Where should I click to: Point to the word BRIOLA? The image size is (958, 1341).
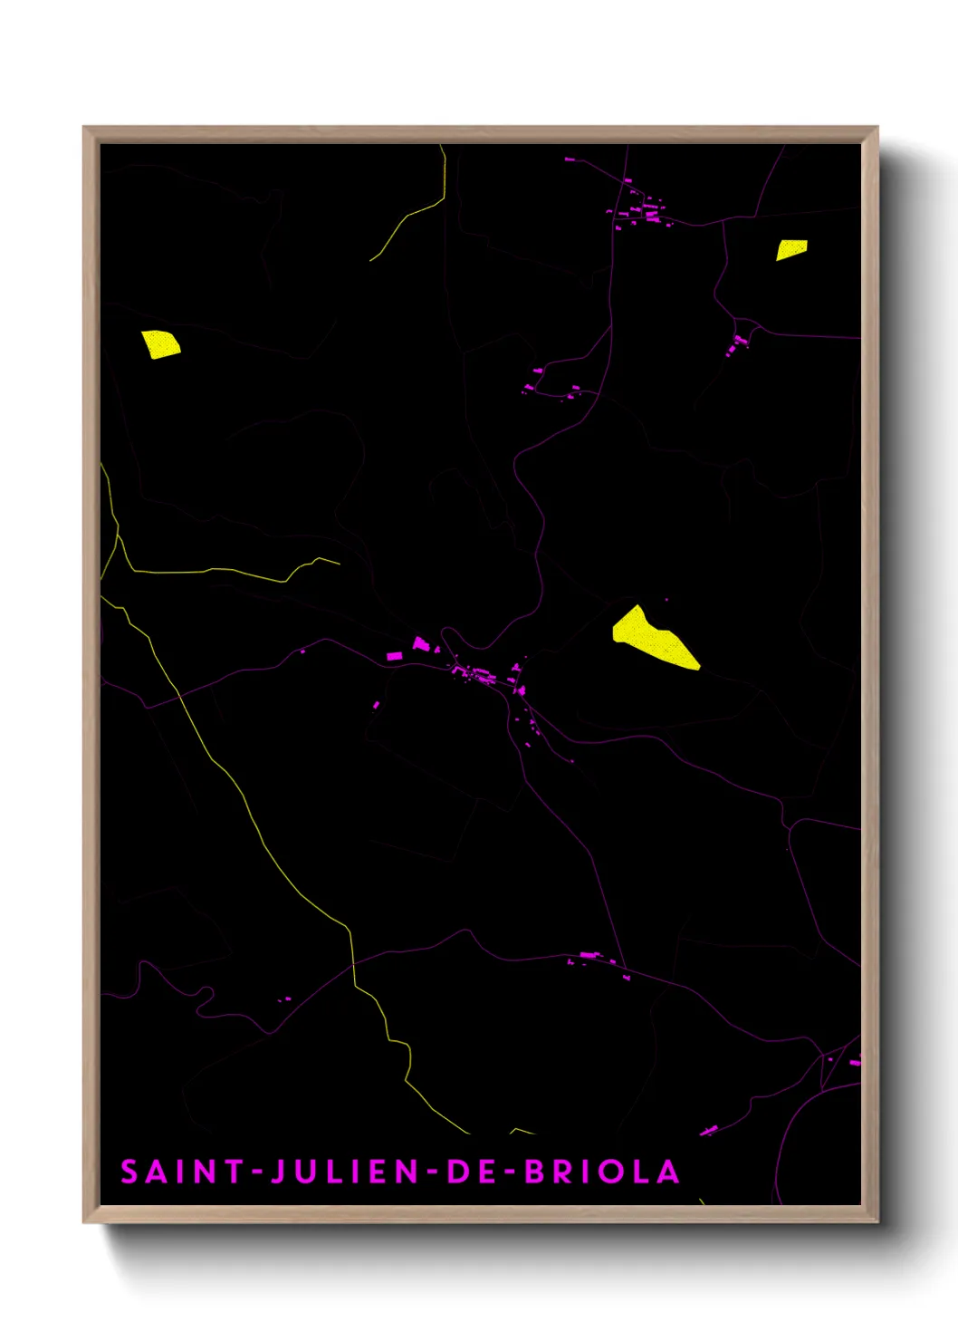point(602,1172)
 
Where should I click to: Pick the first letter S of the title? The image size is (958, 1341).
point(129,1172)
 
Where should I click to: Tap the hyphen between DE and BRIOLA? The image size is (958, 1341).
point(510,1172)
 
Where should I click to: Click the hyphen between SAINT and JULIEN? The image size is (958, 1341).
point(257,1172)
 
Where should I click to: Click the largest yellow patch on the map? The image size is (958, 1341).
point(653,640)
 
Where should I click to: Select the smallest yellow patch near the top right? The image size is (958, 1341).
point(791,249)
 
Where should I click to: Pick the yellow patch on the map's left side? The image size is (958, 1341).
point(160,344)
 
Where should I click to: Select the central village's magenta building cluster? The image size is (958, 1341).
point(480,673)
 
